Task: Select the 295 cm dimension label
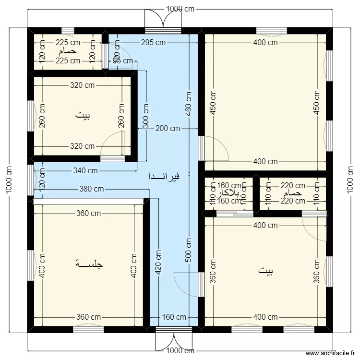(x=154, y=42)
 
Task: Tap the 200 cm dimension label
(x=168, y=129)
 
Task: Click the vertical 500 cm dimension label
(x=189, y=250)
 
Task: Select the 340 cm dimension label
(x=86, y=170)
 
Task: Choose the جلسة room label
(x=89, y=264)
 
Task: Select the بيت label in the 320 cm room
(x=82, y=115)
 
